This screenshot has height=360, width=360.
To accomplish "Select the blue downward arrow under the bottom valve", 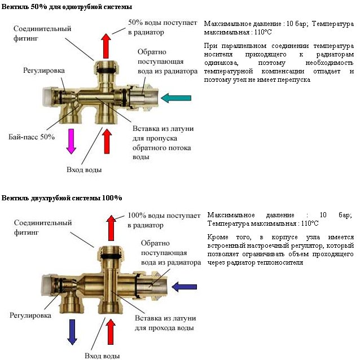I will [72, 331].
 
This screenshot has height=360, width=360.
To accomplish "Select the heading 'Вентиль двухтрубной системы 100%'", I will [62, 198].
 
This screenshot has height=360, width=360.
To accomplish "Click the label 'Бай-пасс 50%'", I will [32, 137].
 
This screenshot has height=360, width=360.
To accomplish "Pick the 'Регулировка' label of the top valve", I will [44, 71].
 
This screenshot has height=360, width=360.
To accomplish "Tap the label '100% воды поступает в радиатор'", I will [164, 220].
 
